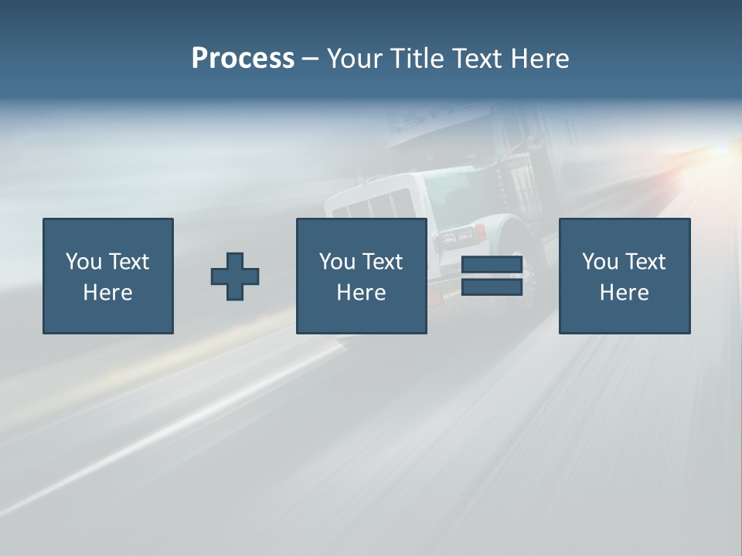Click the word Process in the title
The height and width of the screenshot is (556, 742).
(243, 58)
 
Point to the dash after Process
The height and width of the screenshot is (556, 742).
(310, 59)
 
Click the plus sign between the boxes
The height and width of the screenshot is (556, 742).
(235, 276)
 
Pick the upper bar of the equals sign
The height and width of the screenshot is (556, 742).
(492, 265)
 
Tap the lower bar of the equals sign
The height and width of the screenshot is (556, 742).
(492, 286)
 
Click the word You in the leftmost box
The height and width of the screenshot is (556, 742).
(83, 262)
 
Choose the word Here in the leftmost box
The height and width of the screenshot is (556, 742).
(107, 293)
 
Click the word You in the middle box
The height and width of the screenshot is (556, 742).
(337, 262)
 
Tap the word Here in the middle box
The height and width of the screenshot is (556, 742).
(361, 293)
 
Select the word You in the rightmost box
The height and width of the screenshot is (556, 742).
(600, 262)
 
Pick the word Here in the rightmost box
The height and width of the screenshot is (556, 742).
(624, 293)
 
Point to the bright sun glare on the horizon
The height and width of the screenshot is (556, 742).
(723, 151)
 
